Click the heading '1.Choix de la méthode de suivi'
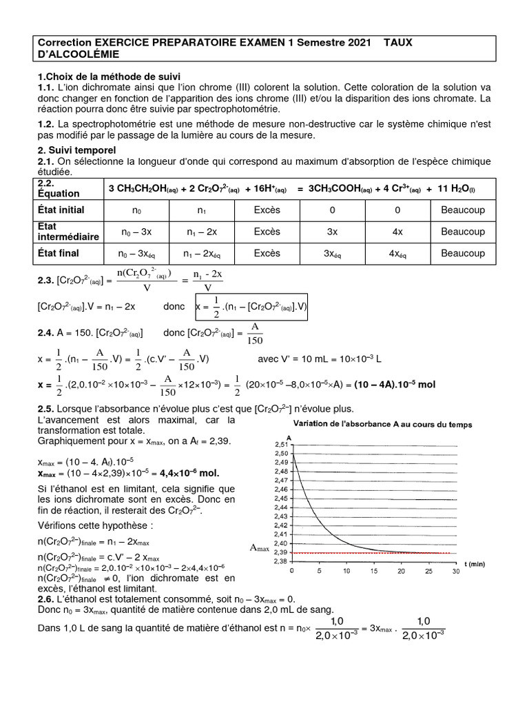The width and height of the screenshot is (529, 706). tap(109, 76)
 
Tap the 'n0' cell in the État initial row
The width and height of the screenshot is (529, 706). tap(136, 210)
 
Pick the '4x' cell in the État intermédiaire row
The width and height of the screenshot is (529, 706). tap(397, 232)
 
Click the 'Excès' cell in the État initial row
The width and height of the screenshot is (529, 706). tap(267, 210)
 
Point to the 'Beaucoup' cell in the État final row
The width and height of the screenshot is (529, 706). tap(462, 254)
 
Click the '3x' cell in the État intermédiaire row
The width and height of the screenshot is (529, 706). tap(332, 232)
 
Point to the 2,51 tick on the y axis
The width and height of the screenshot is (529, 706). tap(280, 445)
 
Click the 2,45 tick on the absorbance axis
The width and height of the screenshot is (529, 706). tap(280, 498)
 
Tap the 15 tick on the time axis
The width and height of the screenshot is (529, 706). tap(373, 572)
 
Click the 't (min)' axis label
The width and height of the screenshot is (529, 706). tap(474, 564)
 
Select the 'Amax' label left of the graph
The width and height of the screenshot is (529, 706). tap(260, 547)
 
